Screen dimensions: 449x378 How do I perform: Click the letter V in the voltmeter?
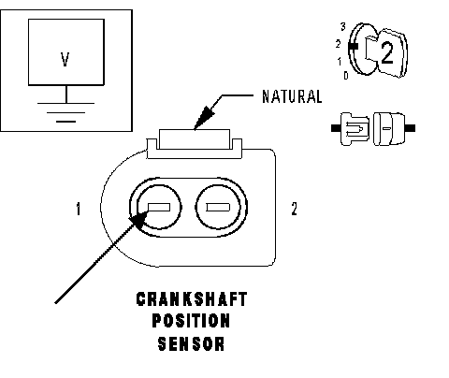(65, 60)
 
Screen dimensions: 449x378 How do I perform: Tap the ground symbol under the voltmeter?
(65, 112)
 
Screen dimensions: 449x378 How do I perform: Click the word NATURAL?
(292, 96)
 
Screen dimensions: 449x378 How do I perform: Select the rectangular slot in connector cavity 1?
(159, 207)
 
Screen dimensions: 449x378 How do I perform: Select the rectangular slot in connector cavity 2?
(218, 207)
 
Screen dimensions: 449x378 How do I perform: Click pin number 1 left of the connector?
(79, 209)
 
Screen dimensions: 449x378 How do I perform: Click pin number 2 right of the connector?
(294, 209)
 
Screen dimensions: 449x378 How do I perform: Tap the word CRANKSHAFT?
(192, 299)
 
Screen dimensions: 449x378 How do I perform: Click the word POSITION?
(191, 321)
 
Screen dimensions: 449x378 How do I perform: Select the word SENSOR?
(191, 343)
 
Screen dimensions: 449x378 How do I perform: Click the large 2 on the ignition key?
(387, 53)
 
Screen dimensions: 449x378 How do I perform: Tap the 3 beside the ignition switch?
(343, 27)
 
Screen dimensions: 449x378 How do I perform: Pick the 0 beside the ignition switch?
(346, 75)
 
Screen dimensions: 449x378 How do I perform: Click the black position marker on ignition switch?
(354, 47)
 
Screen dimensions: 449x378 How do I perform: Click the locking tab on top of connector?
(195, 139)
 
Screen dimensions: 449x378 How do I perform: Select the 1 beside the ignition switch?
(340, 62)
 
